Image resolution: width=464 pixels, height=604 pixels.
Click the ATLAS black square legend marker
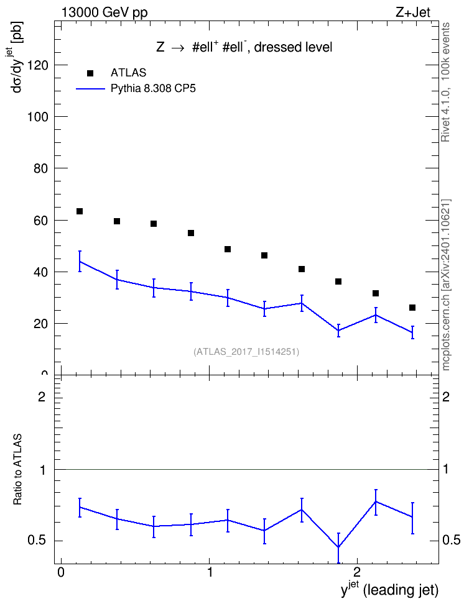90,73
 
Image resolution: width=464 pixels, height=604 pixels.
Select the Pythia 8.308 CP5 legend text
153,89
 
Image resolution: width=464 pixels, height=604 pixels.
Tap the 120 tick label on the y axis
38,65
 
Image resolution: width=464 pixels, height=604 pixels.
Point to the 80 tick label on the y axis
41,168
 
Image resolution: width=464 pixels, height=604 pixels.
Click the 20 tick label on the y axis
41,324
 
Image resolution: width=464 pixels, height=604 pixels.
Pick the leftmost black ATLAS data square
80,211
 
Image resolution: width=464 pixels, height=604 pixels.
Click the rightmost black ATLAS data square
412,308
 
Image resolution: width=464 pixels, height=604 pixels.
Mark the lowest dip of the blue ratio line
338,547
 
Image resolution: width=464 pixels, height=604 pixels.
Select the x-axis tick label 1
210,572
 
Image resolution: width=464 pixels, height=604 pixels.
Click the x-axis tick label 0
60,572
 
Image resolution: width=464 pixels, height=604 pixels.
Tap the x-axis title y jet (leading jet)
389,590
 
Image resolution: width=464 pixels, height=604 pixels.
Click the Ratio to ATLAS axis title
17,470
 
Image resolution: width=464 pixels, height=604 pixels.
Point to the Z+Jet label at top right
413,12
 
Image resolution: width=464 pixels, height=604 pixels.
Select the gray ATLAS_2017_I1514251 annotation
246,352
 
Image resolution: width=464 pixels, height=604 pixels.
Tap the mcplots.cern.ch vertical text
446,285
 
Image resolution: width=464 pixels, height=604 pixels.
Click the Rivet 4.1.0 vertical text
445,83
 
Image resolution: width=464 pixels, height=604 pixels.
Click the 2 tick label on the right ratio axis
446,396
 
